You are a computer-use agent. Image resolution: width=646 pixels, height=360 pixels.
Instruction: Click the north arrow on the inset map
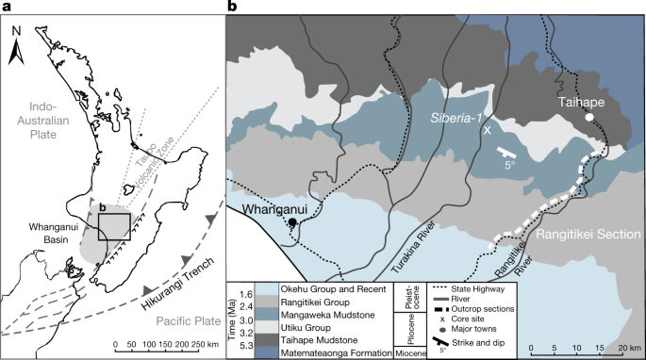coord(17,47)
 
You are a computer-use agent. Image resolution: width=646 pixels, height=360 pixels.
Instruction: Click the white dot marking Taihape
coord(588,118)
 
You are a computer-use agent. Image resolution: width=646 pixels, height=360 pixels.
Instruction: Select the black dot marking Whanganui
coord(293,222)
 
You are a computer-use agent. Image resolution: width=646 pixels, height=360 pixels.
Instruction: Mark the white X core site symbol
coord(488,132)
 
